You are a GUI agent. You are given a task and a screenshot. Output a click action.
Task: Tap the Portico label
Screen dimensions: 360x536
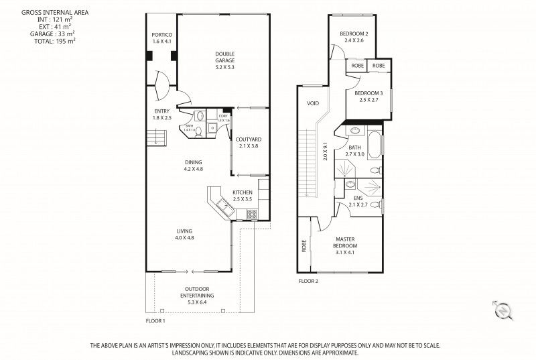[162, 38]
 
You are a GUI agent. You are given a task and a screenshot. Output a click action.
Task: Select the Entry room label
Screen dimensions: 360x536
[162, 114]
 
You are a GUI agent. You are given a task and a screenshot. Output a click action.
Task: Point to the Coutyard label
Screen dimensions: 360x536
[248, 142]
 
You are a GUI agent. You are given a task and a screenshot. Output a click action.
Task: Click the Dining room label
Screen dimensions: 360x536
[193, 166]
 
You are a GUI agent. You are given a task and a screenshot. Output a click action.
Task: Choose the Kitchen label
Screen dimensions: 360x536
[243, 196]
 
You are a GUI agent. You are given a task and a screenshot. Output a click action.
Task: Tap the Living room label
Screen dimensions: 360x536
[184, 234]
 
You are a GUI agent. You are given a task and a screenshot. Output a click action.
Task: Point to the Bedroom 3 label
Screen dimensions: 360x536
[368, 96]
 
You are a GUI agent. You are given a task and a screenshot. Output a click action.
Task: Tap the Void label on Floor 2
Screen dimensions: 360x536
[312, 104]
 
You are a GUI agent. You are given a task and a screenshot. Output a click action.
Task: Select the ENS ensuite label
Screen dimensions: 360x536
[357, 200]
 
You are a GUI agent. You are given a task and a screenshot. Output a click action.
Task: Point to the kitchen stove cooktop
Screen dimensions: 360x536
[253, 215]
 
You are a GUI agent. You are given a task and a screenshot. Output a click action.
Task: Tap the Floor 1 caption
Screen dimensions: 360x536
[155, 321]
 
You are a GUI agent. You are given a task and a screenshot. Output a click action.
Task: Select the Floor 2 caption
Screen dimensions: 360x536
[308, 282]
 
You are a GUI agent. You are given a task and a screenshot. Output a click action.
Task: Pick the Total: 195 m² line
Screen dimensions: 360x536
[54, 41]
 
